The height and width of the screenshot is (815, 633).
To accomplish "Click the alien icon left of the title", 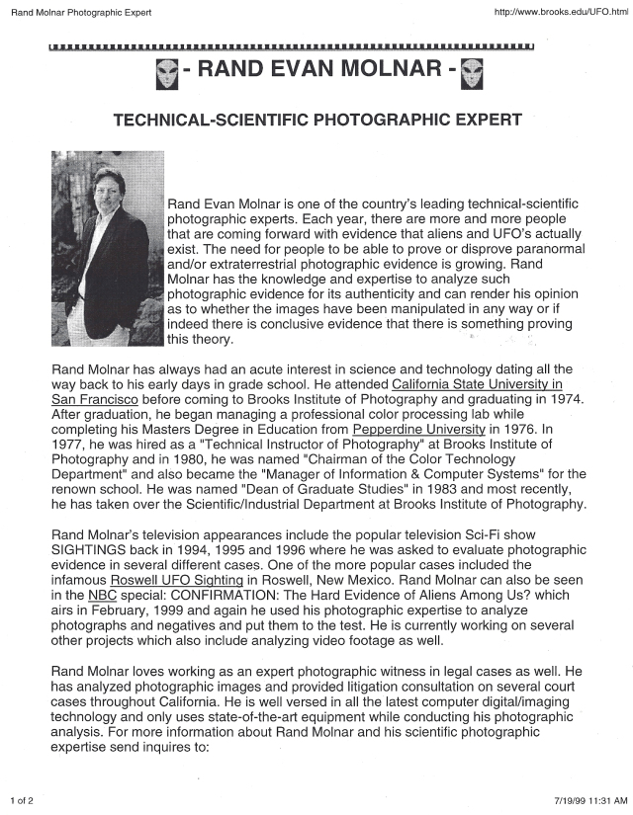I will click(x=169, y=72).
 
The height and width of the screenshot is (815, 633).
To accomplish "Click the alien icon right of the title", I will click(x=471, y=72).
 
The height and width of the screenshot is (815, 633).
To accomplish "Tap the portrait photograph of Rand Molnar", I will click(x=107, y=248).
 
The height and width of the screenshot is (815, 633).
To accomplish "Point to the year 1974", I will click(x=562, y=398).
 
